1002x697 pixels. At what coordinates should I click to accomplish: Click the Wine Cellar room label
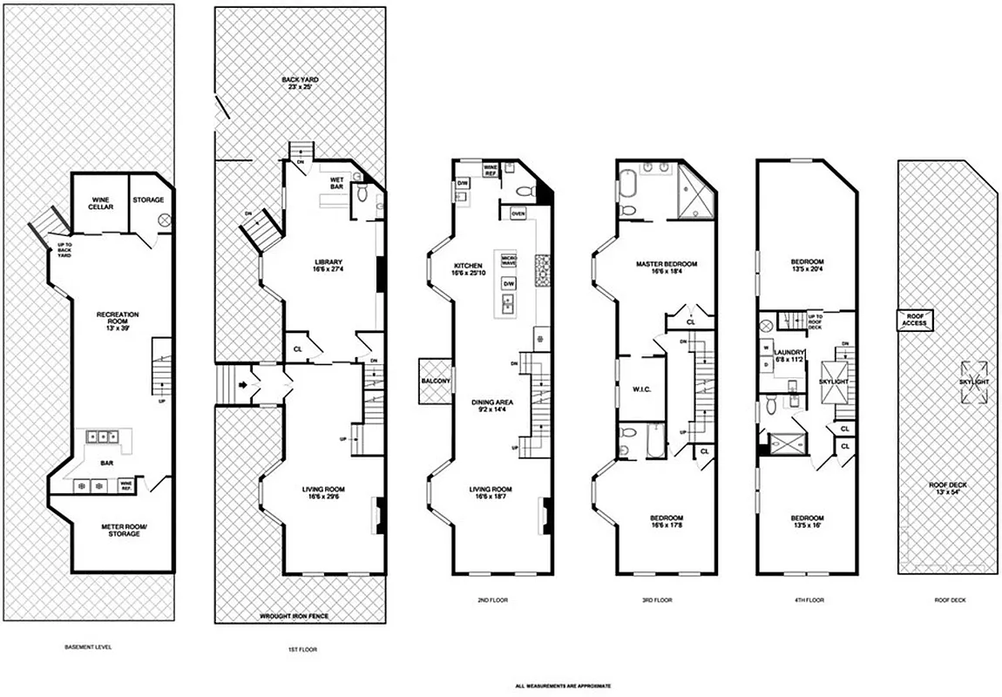coord(99,204)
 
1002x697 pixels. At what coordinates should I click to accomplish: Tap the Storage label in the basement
coord(148,200)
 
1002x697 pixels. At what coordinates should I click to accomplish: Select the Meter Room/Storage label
coord(124,530)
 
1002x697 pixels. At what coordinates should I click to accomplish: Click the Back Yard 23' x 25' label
coord(300,84)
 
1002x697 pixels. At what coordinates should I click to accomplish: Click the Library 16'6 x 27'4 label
coord(328,266)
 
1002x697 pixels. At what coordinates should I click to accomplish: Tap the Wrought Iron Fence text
coord(301,616)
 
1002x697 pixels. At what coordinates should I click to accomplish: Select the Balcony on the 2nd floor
coord(435,382)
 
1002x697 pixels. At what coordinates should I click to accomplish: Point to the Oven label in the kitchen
coord(518,213)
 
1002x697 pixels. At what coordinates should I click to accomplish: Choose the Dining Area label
coord(492,406)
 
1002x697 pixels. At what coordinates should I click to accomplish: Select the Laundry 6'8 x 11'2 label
coord(789,355)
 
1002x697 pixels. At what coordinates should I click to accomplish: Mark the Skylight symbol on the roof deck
coord(974,382)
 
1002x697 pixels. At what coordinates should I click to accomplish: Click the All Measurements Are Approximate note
coord(562,687)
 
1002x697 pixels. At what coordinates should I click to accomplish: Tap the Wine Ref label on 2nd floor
coord(490,169)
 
